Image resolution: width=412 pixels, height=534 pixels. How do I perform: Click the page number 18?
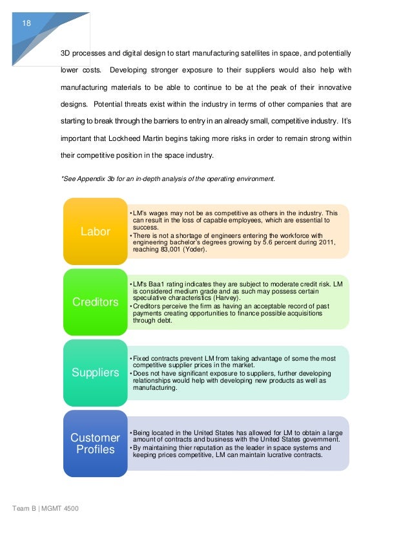coord(26,23)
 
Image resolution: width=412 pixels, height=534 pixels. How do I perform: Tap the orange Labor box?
coord(95,231)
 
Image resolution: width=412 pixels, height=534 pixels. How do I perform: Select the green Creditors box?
coord(95,302)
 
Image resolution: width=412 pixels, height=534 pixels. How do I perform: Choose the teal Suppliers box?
coord(95,372)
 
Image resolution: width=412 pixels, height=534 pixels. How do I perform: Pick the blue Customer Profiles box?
coord(95,443)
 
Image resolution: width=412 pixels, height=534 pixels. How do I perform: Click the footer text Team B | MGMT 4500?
coord(45,510)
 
